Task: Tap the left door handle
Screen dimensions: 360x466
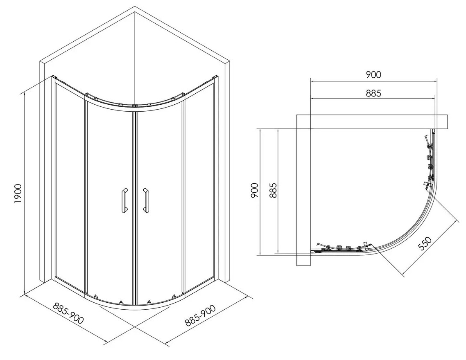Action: click(123, 200)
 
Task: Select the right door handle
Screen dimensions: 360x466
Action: click(145, 200)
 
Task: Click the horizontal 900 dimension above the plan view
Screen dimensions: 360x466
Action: click(373, 74)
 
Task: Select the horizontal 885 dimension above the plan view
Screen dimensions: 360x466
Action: click(373, 93)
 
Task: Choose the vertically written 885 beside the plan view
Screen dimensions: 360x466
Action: click(273, 191)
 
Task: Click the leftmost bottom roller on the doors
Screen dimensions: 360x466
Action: click(96, 296)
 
